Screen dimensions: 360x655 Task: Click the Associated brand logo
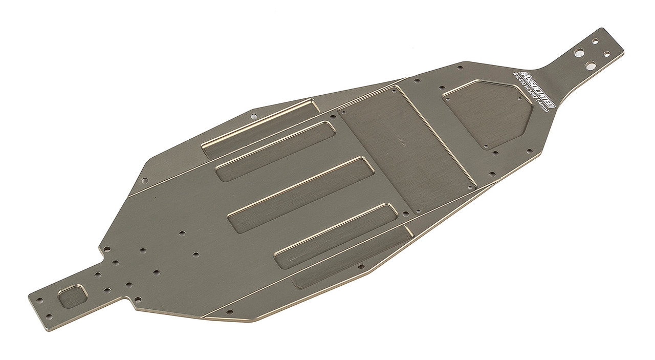(x=534, y=88)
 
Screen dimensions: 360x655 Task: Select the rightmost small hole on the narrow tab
(x=606, y=53)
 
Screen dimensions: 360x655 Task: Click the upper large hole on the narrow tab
(x=579, y=52)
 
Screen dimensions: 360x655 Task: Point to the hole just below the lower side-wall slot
(x=361, y=267)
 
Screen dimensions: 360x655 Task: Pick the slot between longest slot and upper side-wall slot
(x=276, y=151)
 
